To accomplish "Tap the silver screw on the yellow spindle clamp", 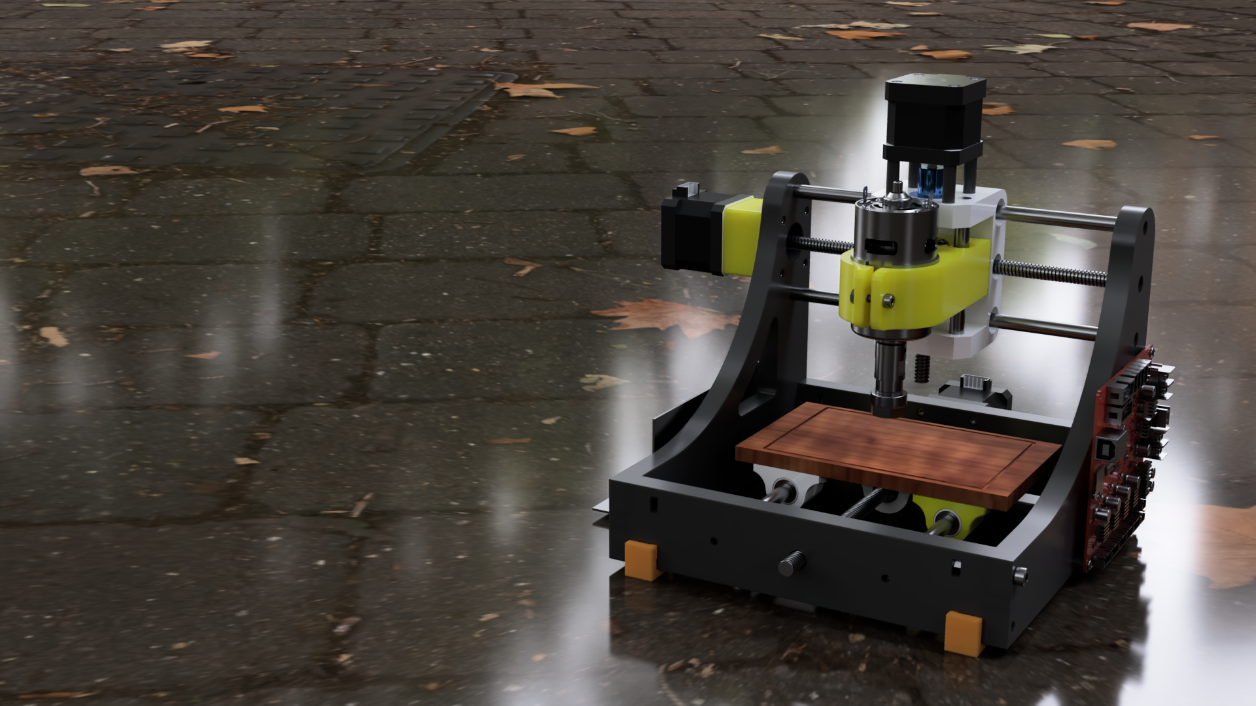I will (x=888, y=300).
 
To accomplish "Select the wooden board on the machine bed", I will (x=896, y=451).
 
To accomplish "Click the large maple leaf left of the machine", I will (x=667, y=316).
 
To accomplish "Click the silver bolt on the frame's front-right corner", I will (x=1019, y=575).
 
